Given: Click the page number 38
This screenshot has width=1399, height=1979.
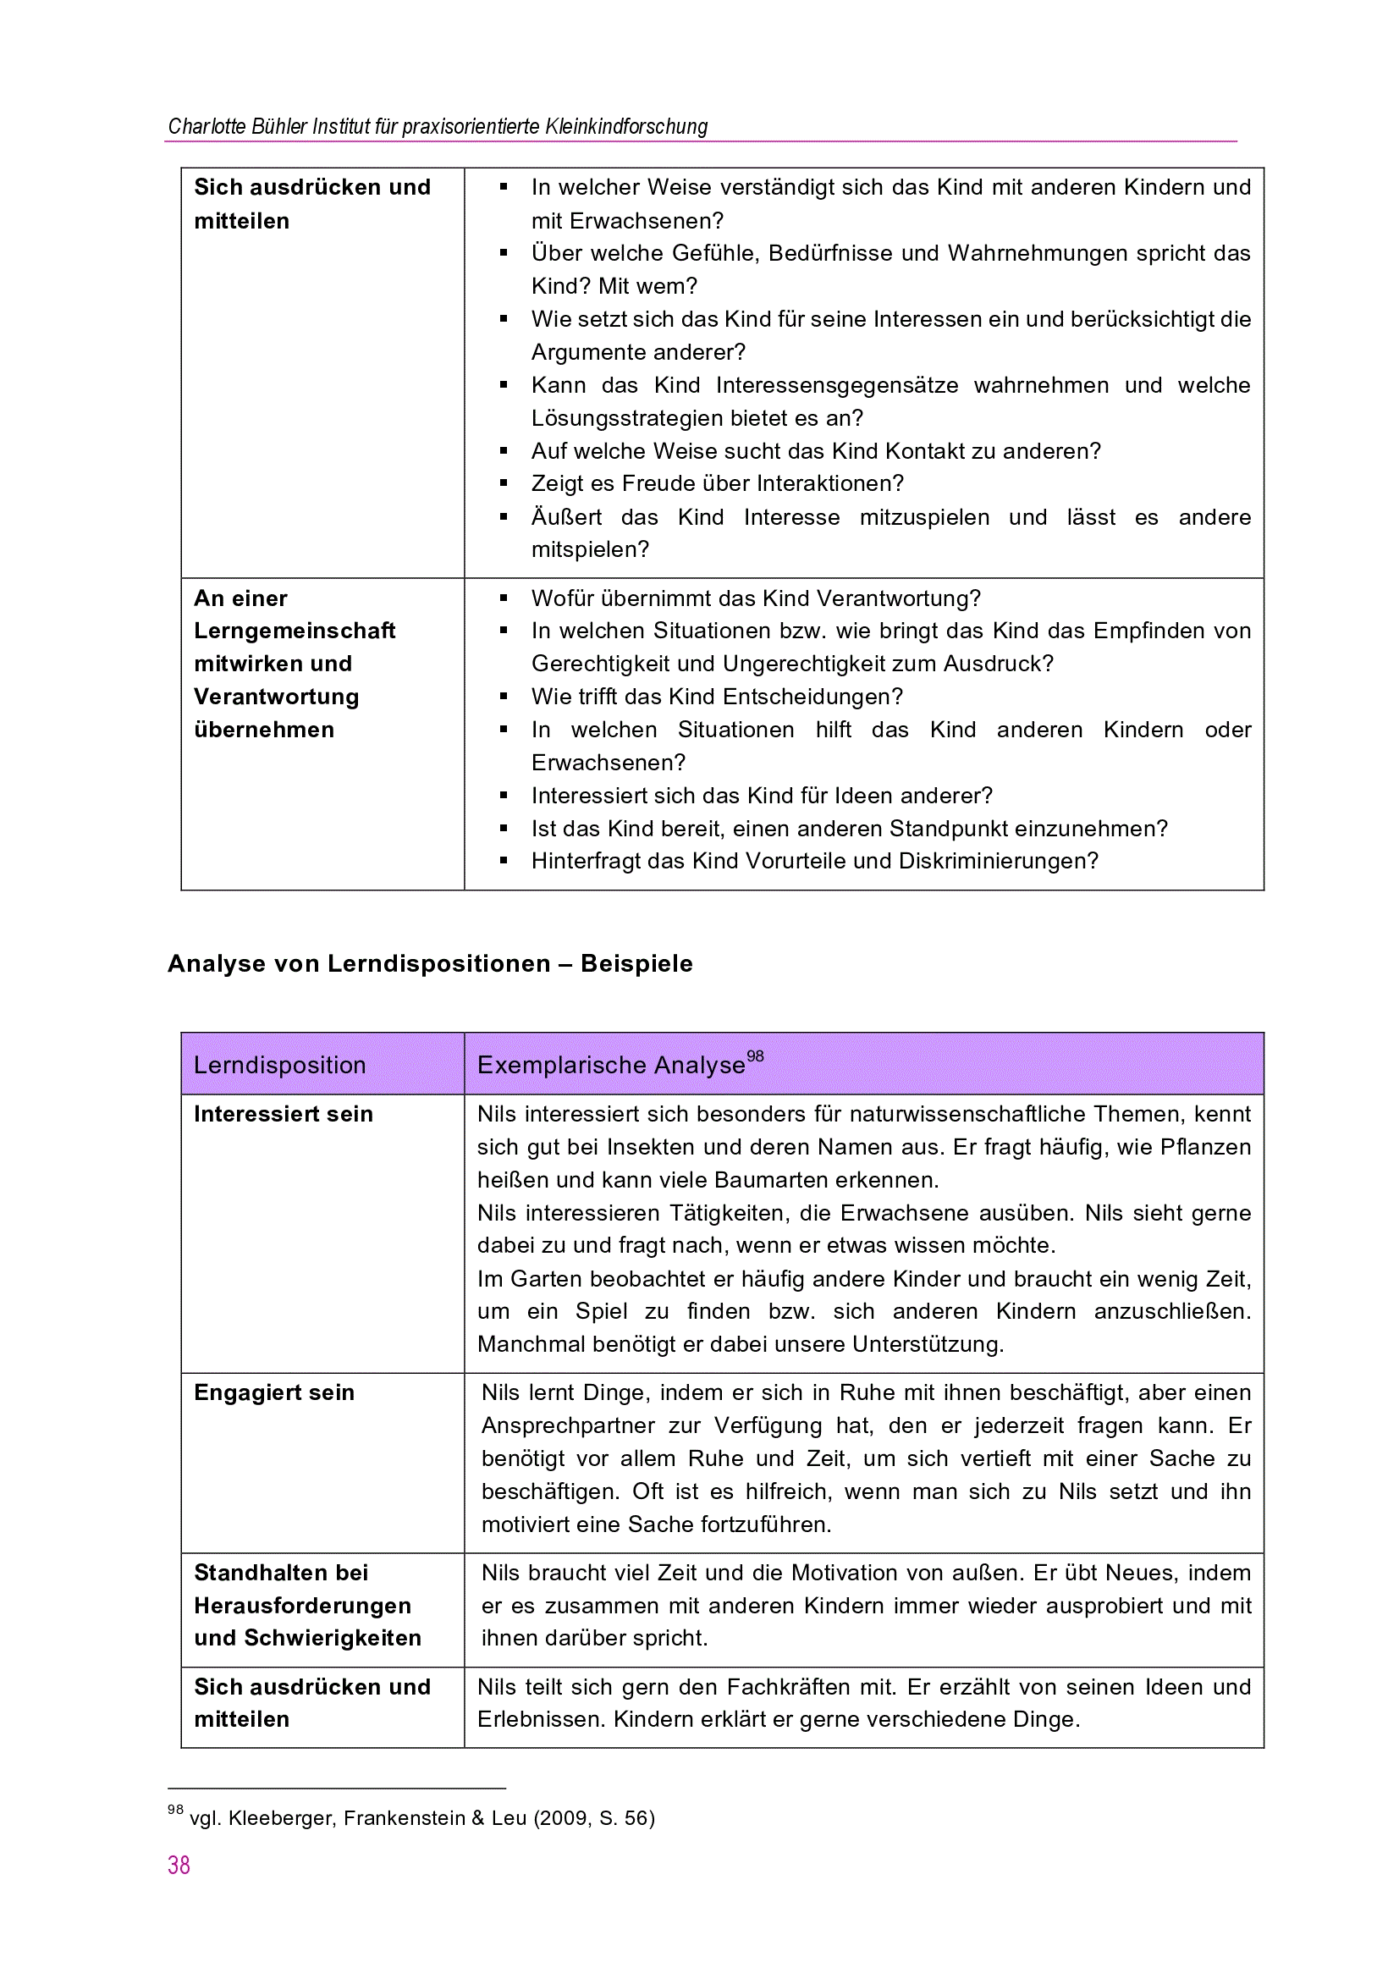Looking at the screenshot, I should (x=179, y=1866).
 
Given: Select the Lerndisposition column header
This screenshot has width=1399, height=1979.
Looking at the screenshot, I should (x=279, y=1066).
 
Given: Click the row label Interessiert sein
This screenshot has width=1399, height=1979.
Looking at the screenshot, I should (x=283, y=1115).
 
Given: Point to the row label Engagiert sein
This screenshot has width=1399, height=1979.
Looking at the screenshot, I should (x=274, y=1393).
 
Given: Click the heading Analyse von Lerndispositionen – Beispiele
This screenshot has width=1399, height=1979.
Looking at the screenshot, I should (x=429, y=963).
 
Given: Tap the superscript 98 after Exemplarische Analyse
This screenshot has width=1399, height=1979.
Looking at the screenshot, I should (x=755, y=1056).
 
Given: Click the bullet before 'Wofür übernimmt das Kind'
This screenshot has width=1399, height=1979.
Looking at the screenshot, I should (x=504, y=598).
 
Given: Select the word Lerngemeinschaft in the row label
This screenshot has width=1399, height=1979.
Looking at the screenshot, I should (x=294, y=631).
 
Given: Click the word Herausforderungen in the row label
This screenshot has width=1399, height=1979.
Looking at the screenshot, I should (x=302, y=1606).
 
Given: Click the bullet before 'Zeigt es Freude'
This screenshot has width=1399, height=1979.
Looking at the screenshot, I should (x=504, y=483).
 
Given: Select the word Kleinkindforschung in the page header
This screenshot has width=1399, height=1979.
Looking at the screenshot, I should (x=625, y=127).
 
